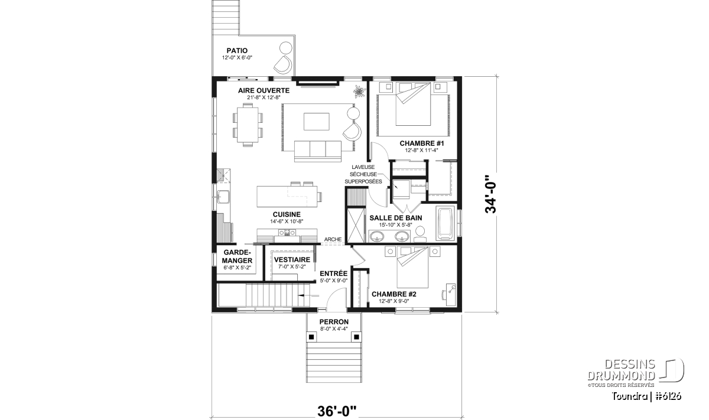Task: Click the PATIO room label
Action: [x=237, y=51]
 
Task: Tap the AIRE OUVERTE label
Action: [x=264, y=90]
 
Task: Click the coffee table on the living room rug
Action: [x=317, y=122]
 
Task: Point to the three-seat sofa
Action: [x=318, y=151]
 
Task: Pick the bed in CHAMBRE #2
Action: [x=412, y=268]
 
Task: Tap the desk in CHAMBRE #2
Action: [x=450, y=294]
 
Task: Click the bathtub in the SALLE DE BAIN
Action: [x=445, y=224]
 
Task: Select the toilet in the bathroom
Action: [x=420, y=235]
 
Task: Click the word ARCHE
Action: [x=333, y=239]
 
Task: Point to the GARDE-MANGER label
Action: [x=237, y=256]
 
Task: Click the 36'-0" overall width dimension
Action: [x=336, y=412]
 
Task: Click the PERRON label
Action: [x=334, y=322]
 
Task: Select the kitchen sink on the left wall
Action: [x=224, y=197]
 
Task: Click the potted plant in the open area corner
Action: [x=360, y=91]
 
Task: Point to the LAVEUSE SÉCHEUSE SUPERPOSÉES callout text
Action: [x=363, y=174]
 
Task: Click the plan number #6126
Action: [x=669, y=396]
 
